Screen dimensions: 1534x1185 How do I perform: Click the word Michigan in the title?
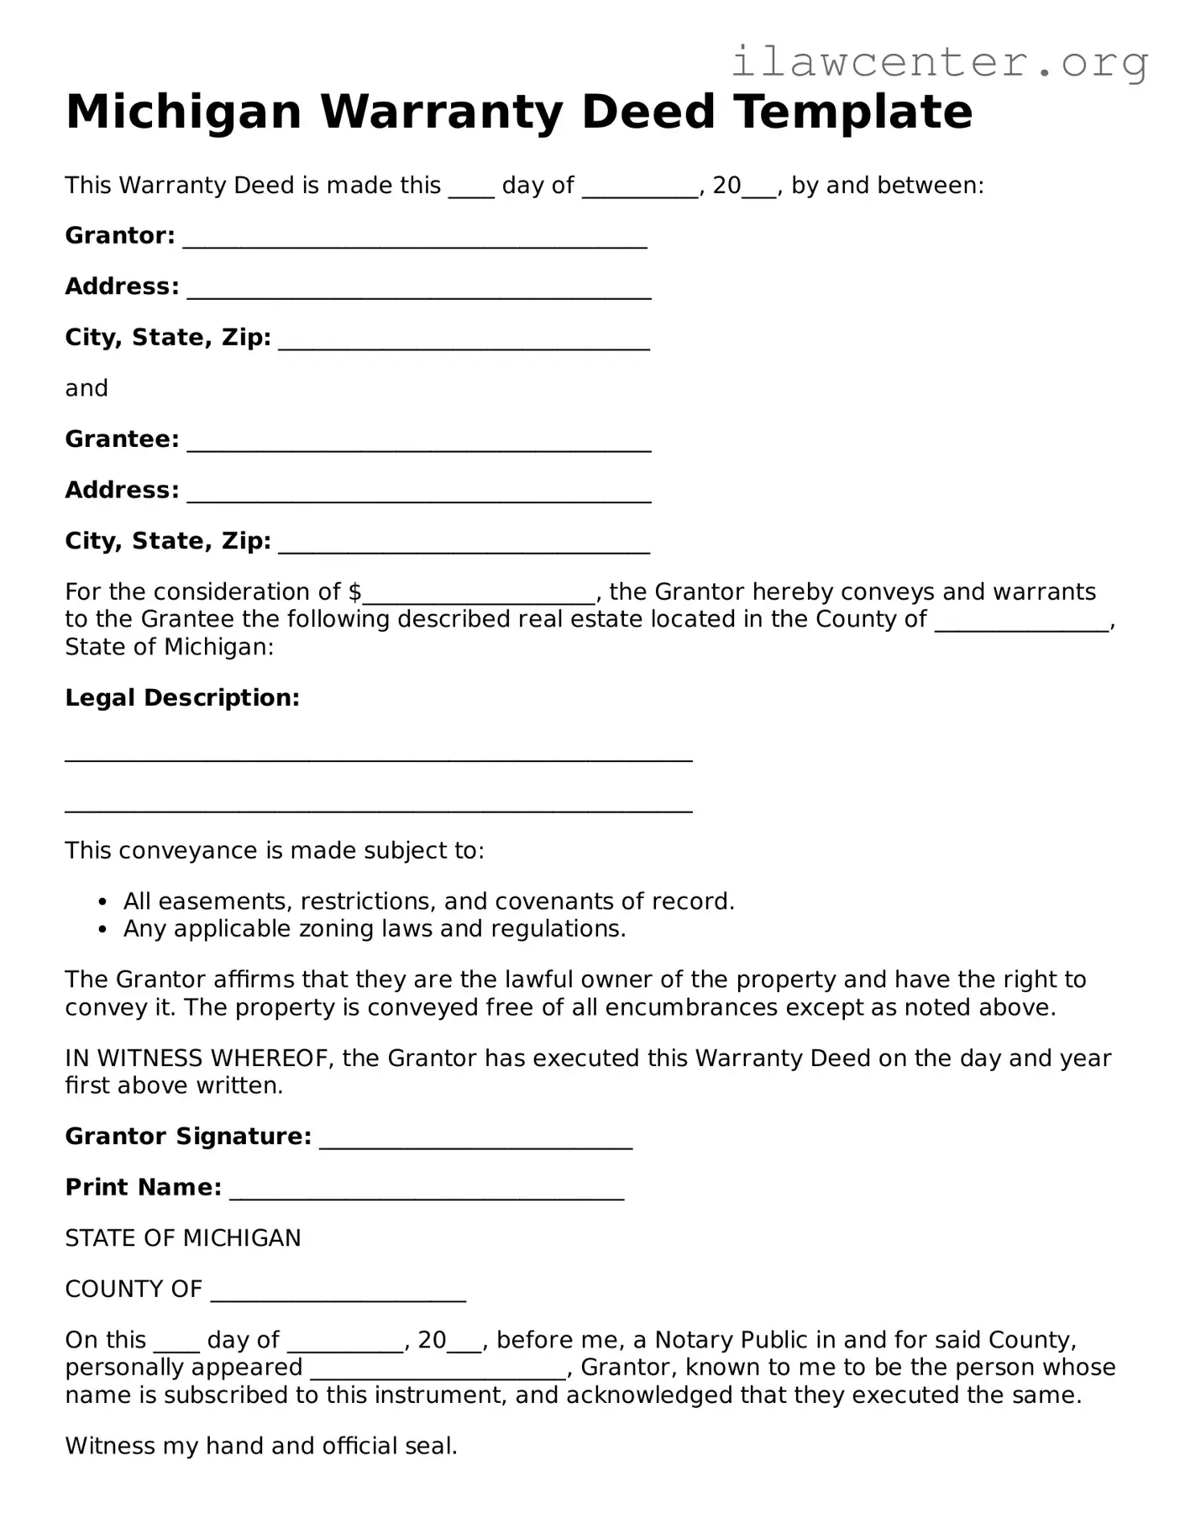183,112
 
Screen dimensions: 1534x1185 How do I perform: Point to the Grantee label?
122,439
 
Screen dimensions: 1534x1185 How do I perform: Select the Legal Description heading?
182,697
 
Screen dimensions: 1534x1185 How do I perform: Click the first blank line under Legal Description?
378,754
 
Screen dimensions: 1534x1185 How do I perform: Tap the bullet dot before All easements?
102,902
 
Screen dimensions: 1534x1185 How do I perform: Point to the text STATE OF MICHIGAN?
182,1238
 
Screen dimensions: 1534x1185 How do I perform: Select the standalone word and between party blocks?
87,388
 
